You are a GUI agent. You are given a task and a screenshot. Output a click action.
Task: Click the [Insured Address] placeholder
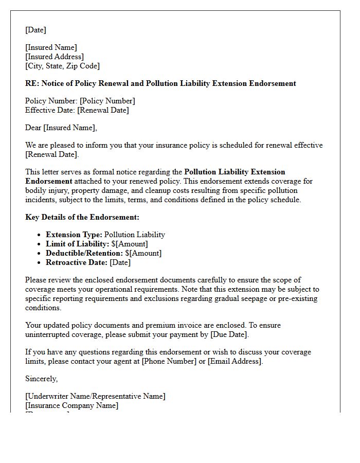pos(55,57)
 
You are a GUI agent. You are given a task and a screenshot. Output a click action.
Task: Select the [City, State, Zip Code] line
pos(62,66)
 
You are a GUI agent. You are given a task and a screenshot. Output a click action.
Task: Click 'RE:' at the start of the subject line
pos(32,83)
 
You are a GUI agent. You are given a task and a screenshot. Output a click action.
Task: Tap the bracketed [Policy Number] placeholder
pos(107,101)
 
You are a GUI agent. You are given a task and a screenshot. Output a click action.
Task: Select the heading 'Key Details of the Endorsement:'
pos(82,217)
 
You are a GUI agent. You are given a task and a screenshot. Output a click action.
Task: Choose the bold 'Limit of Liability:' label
pos(78,244)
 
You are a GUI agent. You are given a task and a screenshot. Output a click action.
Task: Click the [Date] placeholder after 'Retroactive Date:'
pos(120,262)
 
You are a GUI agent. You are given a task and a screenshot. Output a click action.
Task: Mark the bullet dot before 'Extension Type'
pos(40,235)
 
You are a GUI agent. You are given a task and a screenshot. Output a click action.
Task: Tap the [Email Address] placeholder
pos(235,361)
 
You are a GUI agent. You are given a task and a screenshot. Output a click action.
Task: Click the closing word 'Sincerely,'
pos(42,379)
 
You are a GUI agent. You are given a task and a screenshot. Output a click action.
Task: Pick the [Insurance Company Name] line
pos(72,405)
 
